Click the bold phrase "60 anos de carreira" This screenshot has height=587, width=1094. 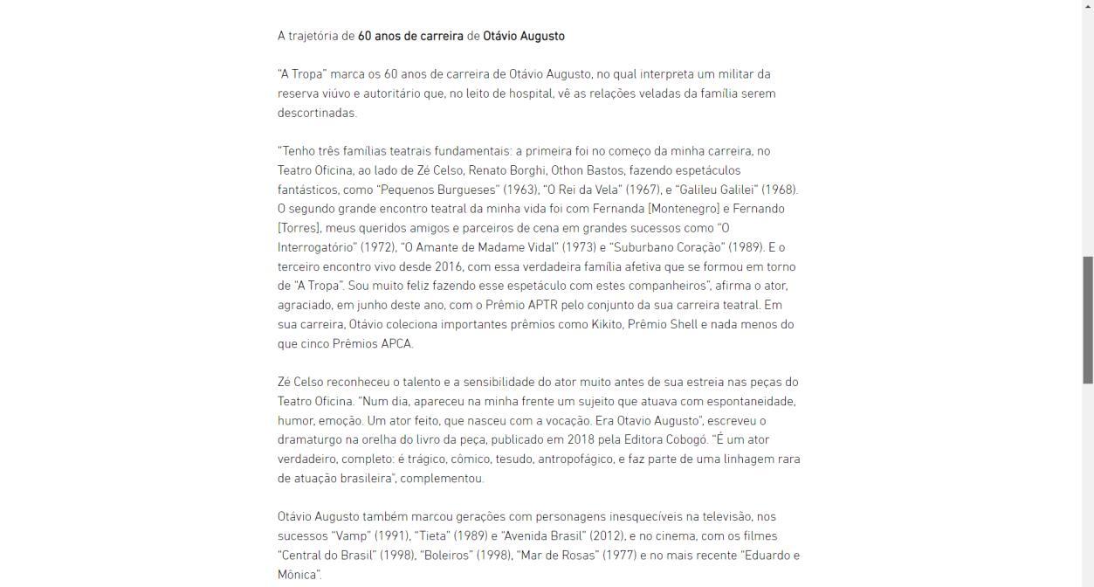(x=410, y=37)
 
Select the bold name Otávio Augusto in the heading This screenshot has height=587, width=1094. (x=524, y=37)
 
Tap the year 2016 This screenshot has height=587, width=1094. (x=450, y=266)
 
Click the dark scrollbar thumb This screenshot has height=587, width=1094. (x=1088, y=320)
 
